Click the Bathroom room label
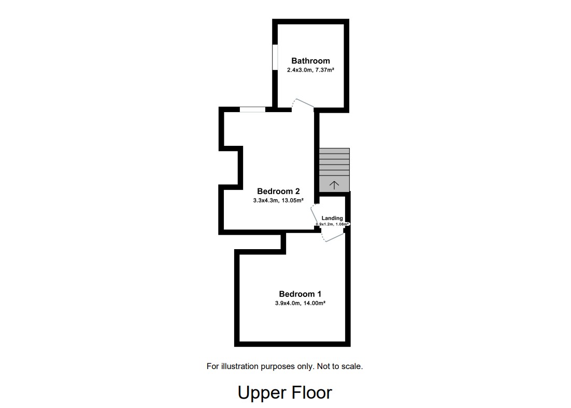[310, 61]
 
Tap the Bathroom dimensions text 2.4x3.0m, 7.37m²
[310, 70]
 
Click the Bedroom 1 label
[296, 294]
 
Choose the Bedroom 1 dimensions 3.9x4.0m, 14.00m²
[296, 303]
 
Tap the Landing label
[332, 218]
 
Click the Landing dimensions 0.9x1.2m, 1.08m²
[332, 224]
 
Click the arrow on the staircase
[334, 184]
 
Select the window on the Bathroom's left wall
[275, 57]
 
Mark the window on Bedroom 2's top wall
[252, 110]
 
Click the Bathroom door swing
[303, 103]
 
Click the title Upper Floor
[284, 392]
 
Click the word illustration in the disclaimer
[242, 366]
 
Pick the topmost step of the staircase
[334, 151]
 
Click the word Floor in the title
[312, 392]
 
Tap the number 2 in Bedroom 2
[297, 191]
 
